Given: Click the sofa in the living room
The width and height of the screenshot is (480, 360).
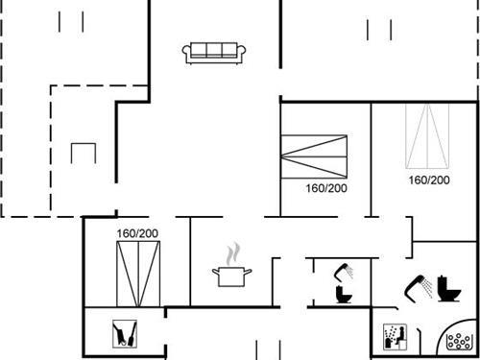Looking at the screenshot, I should [214, 52].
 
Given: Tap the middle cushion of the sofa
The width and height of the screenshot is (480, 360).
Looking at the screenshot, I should [214, 50].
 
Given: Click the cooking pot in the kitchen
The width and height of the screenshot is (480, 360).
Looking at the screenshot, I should [231, 276].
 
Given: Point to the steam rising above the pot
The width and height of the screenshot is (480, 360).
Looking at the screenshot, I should [231, 254].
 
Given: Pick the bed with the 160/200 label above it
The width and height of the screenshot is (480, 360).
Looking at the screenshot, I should [137, 271].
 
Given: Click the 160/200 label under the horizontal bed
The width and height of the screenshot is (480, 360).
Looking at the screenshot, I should [326, 188].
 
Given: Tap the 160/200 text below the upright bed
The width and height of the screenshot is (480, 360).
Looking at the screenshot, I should [428, 180].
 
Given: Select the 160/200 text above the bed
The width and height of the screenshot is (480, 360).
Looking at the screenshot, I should [137, 233].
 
